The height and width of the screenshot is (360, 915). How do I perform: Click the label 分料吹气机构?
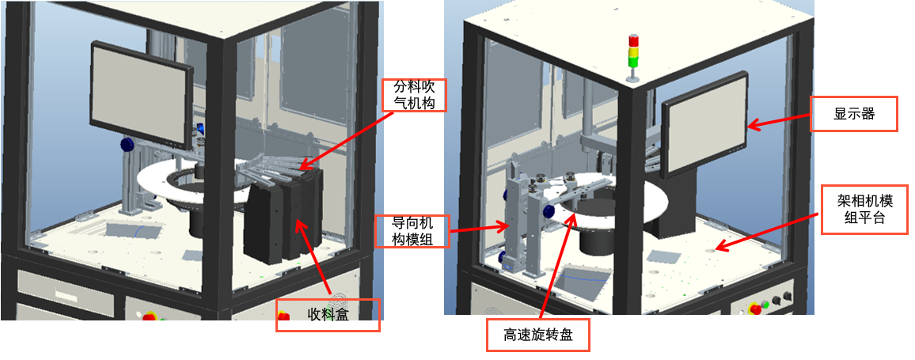click(413, 95)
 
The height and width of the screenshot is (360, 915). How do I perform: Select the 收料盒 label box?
click(328, 315)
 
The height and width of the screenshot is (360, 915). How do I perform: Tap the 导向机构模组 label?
click(412, 231)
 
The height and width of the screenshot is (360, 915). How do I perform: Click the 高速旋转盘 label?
click(537, 335)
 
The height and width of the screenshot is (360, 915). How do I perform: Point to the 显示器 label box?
click(853, 114)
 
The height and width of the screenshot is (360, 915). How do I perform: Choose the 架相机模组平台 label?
click(865, 210)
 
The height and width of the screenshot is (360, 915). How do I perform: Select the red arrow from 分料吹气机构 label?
click(344, 141)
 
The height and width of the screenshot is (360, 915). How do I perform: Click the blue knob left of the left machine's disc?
click(127, 143)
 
